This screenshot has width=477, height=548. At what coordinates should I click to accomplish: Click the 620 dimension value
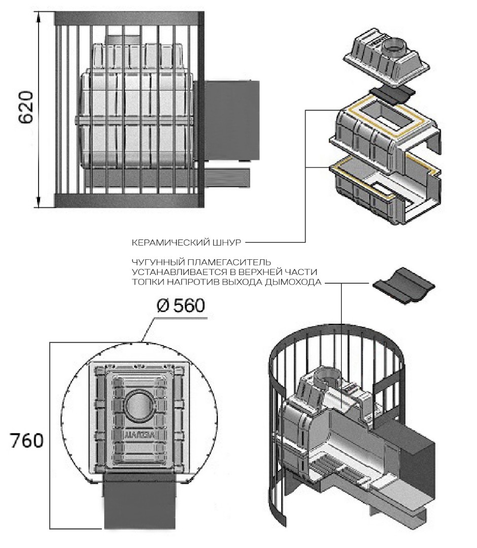coord(25,108)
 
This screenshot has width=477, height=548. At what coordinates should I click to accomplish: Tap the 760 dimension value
coord(27,440)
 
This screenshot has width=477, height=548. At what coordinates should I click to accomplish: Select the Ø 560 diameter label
coord(180,306)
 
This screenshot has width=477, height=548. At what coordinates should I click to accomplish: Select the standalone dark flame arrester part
coord(404,287)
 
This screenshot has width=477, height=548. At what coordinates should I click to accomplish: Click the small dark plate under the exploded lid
coord(391,93)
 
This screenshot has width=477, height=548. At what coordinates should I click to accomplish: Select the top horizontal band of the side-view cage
coord(129,18)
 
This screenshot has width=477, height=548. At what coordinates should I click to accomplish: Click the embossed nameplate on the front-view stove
coord(138,434)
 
